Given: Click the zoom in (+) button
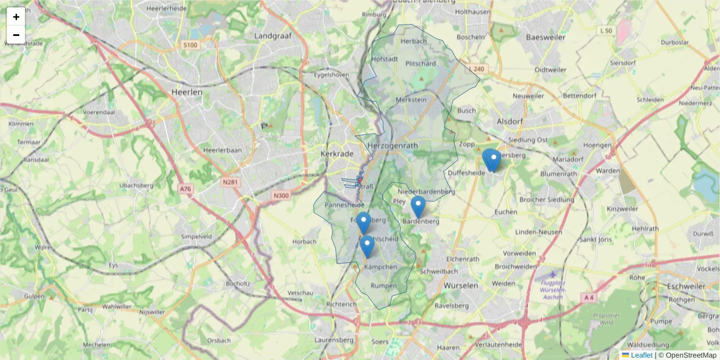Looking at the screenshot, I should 16,17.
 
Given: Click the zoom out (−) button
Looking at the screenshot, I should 16,35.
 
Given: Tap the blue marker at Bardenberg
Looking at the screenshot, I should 418,206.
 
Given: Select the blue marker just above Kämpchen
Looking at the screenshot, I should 367,246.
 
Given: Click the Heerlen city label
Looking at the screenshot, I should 187,92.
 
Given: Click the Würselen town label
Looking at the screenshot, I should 461,286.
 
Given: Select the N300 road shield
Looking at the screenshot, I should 280,195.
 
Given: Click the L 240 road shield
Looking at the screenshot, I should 476,69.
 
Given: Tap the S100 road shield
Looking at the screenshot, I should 190,45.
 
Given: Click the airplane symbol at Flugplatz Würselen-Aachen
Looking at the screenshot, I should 552,274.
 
